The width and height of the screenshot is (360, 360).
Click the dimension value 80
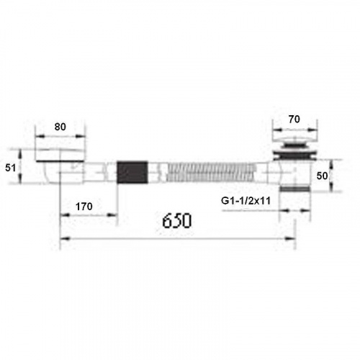click(60, 127)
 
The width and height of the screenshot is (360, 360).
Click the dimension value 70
click(294, 119)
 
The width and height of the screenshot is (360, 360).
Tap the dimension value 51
click(10, 168)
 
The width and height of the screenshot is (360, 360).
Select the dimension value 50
click(322, 176)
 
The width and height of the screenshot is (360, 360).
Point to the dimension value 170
click(84, 207)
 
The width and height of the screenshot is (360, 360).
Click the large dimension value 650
click(177, 220)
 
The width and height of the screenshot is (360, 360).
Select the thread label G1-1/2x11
click(246, 201)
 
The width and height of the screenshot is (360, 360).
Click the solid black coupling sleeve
click(132, 172)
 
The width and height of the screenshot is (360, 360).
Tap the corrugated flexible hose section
click(211, 172)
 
